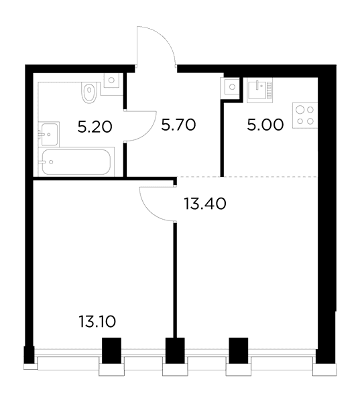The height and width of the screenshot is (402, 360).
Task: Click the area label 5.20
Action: [x=95, y=127]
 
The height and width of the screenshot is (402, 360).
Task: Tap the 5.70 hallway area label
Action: [x=178, y=125]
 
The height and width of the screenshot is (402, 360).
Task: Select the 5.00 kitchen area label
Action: [x=265, y=125]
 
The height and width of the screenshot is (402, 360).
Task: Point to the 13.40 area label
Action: [x=205, y=204]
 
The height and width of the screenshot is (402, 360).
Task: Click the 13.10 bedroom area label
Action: [x=97, y=322]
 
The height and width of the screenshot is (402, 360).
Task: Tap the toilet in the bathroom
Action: [x=90, y=92]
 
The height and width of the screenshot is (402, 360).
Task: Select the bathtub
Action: [x=76, y=162]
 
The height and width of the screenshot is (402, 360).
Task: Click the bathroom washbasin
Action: [x=49, y=134]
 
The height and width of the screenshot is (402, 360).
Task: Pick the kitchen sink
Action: [x=259, y=90]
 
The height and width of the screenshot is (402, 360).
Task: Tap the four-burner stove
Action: [x=305, y=115]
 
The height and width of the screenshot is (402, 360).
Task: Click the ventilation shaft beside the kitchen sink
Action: [x=232, y=87]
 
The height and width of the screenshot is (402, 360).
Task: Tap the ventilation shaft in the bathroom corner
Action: [x=111, y=80]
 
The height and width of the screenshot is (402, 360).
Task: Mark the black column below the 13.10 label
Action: [x=111, y=350]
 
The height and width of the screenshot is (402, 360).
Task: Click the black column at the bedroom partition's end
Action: [x=175, y=350]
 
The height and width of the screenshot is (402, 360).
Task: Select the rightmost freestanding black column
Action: [x=239, y=350]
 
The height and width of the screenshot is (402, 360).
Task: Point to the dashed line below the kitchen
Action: [x=247, y=177]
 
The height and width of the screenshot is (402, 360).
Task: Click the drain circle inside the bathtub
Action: [x=51, y=162]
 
